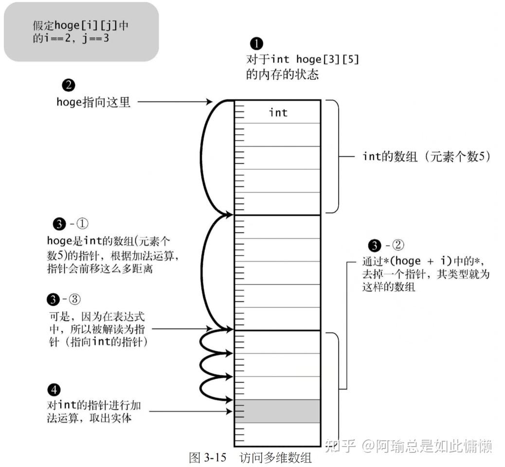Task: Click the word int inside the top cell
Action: coord(278,113)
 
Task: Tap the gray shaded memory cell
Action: coord(277,411)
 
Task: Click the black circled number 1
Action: coord(256,44)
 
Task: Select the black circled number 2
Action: coord(69,86)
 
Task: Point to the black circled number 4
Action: coord(54,390)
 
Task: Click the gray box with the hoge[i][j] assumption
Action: coord(81,32)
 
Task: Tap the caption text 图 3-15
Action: coord(208,457)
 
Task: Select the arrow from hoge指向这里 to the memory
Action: coord(175,102)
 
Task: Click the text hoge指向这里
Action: coord(93,102)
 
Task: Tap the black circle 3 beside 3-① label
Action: coord(58,224)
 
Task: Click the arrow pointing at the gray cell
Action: coord(190,412)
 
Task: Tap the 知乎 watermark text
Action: coord(340,445)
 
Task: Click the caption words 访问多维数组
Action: coord(275,457)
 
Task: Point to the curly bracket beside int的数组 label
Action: coord(336,157)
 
